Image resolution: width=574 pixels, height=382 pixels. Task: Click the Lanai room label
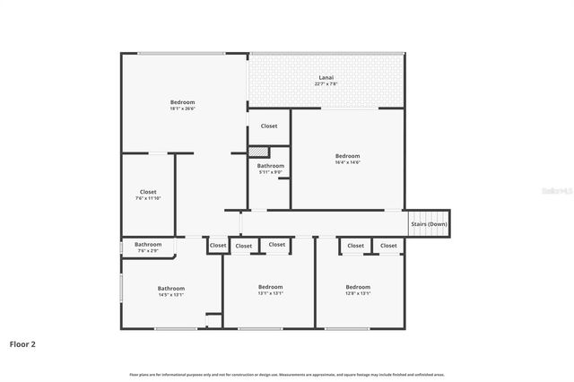coord(326,78)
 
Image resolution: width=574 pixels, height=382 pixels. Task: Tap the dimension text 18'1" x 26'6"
coord(182,109)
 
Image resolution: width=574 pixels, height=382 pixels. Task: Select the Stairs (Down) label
coord(429,224)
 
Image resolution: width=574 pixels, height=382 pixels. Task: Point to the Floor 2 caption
coord(22,343)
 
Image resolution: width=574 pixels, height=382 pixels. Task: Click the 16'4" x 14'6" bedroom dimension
coord(347,162)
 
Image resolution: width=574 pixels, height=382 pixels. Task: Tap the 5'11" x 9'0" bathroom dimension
coord(271,172)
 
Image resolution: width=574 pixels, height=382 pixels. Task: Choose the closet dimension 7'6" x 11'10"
coord(148,198)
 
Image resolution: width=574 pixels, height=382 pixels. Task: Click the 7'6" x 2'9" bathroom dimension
coord(148,251)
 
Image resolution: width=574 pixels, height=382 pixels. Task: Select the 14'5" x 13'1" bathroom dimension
coord(171,294)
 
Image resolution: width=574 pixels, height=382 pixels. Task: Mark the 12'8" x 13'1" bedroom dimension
coord(359,293)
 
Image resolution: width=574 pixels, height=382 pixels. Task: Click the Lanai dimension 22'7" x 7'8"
coord(326,85)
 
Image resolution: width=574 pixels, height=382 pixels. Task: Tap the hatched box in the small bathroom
coord(259,152)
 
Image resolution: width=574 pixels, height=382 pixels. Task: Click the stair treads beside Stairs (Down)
coord(429,233)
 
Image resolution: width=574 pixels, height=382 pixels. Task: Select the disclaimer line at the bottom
coord(287,374)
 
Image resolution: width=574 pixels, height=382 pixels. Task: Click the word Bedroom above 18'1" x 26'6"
coord(182,102)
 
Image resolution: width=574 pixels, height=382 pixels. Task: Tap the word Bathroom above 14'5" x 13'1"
coord(171,288)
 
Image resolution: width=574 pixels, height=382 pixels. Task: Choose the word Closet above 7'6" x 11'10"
coord(148,192)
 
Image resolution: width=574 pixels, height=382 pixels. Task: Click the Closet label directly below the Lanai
coord(269,126)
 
